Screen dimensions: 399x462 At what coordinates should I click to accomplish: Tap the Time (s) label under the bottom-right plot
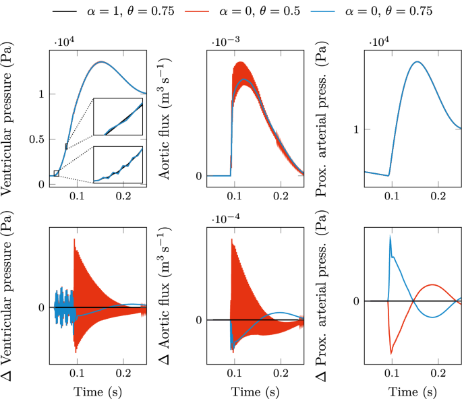[x=413, y=392]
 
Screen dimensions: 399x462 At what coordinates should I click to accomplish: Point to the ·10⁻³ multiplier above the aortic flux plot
[x=225, y=42]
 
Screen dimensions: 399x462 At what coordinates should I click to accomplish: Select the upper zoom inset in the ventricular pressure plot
[x=118, y=117]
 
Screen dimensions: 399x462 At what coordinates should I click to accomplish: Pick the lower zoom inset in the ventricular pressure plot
[x=118, y=164]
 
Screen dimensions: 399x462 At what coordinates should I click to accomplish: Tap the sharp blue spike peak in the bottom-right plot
[x=390, y=237]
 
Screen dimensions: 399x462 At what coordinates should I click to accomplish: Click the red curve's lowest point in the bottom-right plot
[x=391, y=352]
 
